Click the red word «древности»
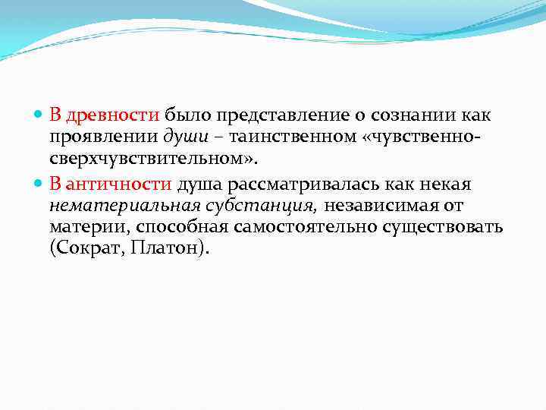click(x=113, y=115)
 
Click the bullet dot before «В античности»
click(x=39, y=184)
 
